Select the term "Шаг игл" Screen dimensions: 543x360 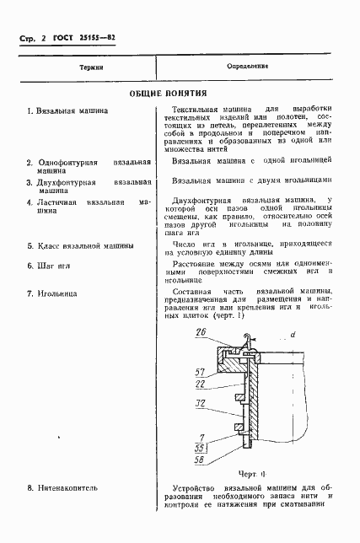click(57, 265)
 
